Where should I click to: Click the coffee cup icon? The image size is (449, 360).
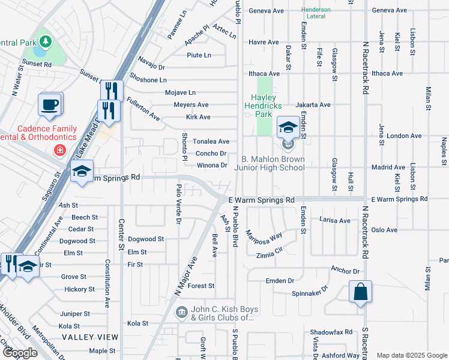pos(49,103)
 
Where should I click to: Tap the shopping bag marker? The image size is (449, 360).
pos(360,292)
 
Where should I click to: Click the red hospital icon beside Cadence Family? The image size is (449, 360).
pos(60,149)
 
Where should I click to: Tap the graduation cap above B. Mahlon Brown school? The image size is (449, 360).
pos(288,127)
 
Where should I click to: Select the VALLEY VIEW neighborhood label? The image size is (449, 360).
pos(90,338)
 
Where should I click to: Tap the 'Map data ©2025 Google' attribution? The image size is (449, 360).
pos(411,355)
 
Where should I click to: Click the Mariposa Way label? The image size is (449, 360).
pos(264,236)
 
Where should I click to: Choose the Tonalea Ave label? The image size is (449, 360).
pos(211,142)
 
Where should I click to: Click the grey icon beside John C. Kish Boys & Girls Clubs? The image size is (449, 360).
pos(181,313)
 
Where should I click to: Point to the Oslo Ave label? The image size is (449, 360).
pos(384,230)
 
